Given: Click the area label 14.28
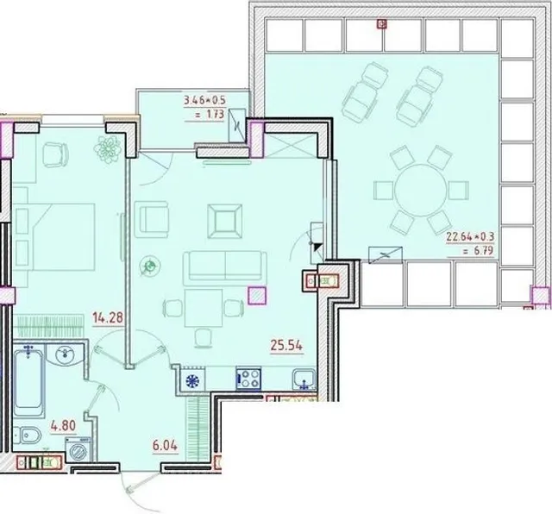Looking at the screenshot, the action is [108, 317].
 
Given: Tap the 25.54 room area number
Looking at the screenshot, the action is [286, 345].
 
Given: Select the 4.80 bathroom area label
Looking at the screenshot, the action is [63, 426].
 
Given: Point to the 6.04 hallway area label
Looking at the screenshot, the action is [165, 446].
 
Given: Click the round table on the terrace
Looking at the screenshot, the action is [420, 190].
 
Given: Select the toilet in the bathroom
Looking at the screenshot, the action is [27, 436].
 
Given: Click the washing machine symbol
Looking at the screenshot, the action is [78, 450].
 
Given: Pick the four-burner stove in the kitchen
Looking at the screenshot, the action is [248, 379].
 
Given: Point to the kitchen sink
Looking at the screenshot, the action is [304, 379].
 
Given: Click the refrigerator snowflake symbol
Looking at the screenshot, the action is [192, 381].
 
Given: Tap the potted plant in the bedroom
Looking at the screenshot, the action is [108, 149].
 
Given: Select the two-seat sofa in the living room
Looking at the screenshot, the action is [223, 266].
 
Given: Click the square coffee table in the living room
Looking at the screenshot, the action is [224, 221].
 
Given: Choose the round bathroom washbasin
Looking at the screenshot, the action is [65, 354].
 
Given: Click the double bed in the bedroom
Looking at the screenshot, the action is [53, 236].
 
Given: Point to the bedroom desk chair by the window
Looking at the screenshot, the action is [55, 154].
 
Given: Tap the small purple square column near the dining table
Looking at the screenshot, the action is [257, 295].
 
